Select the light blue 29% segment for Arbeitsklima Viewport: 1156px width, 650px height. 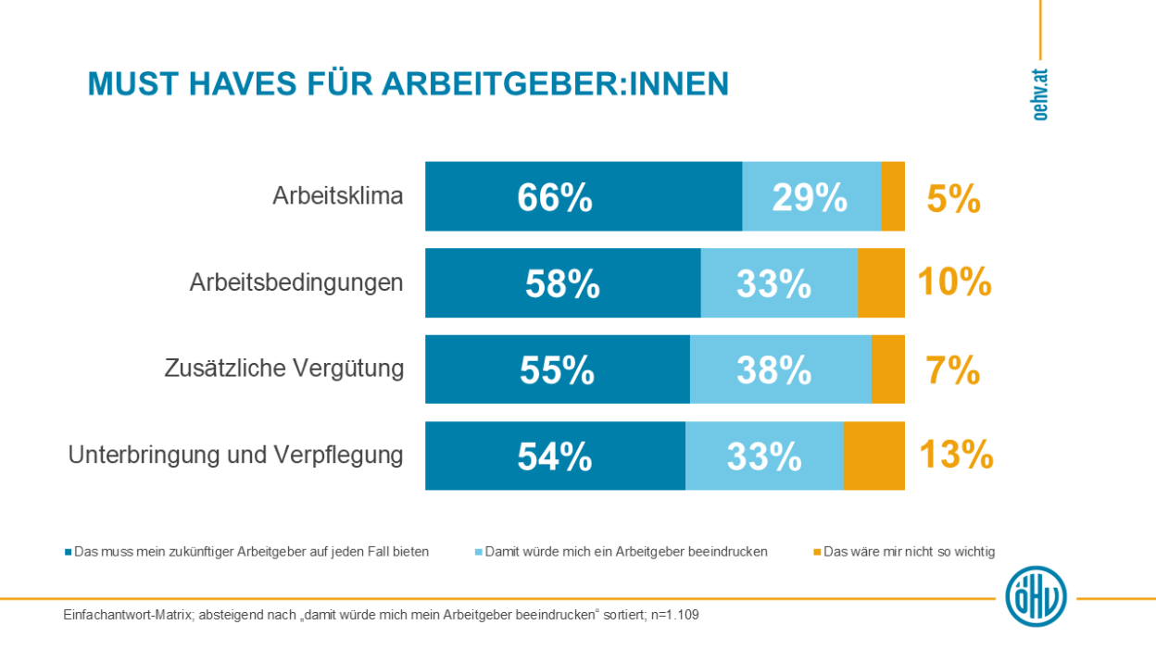point(811,196)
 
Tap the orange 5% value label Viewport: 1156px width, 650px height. point(953,198)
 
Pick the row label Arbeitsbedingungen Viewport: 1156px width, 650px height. point(296,282)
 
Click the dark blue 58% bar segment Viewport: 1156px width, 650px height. point(562,283)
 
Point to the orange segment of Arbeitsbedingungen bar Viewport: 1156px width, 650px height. point(881,283)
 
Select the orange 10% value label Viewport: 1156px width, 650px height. point(954,282)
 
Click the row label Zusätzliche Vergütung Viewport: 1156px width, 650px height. point(284,369)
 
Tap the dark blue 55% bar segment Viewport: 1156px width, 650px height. point(557,369)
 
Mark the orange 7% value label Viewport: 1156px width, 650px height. point(953,370)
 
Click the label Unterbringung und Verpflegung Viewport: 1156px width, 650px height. point(235,456)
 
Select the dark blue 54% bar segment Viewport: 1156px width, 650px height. point(555,456)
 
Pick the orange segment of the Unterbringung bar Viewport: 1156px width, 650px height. point(873,456)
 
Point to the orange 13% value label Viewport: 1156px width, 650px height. point(956,456)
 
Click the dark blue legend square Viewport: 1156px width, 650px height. point(68,552)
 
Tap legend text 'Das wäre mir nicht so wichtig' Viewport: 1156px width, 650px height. point(909,552)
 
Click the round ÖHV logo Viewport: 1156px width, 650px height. point(1037,596)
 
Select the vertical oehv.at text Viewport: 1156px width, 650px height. point(1041,95)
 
